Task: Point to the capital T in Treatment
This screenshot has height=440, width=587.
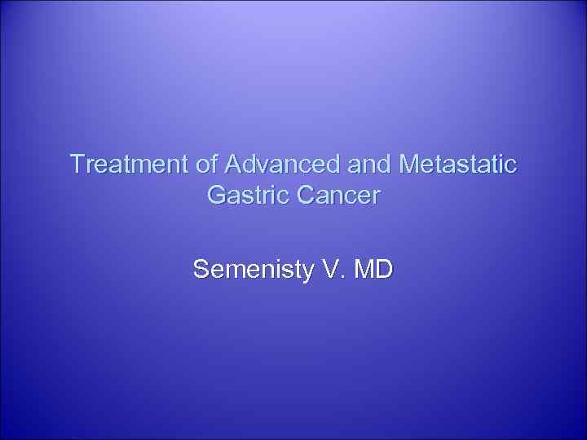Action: pos(77,165)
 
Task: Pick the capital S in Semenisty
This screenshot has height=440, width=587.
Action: pos(201,269)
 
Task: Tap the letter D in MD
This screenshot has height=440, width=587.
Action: pos(383,269)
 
